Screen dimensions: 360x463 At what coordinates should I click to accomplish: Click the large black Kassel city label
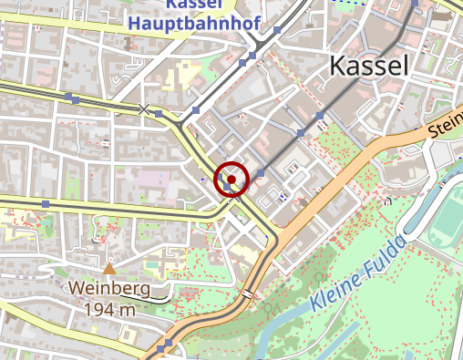[368, 65]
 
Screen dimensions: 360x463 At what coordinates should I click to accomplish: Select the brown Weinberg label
[110, 289]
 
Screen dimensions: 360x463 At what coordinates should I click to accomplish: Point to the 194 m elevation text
[110, 310]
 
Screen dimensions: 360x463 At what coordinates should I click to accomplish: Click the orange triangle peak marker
[109, 269]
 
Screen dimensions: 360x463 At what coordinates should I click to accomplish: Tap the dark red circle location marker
[231, 180]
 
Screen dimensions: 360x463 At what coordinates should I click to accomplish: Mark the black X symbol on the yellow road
[143, 109]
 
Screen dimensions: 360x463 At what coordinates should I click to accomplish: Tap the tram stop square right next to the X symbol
[159, 114]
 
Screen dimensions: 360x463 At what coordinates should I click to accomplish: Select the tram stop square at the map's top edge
[416, 4]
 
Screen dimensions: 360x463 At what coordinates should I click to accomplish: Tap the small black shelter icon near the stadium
[388, 200]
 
